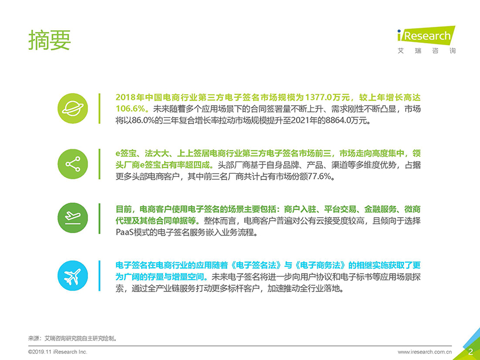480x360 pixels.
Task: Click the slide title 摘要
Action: click(50, 40)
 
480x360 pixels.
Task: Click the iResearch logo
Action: click(426, 35)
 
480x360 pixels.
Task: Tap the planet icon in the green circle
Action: click(73, 109)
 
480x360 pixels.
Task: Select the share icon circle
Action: click(73, 164)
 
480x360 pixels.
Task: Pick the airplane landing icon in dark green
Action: click(73, 218)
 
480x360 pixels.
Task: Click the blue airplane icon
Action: click(73, 275)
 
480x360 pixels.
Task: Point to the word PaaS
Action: click(124, 233)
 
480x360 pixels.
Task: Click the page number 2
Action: click(470, 351)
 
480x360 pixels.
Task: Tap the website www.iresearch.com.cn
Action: click(425, 352)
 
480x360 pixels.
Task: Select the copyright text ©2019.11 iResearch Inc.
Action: click(58, 352)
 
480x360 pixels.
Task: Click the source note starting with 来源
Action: click(73, 338)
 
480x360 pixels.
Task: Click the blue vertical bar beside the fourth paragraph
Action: click(99, 275)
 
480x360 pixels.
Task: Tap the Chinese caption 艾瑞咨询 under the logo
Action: click(426, 51)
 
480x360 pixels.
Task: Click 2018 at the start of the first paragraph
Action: click(126, 97)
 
